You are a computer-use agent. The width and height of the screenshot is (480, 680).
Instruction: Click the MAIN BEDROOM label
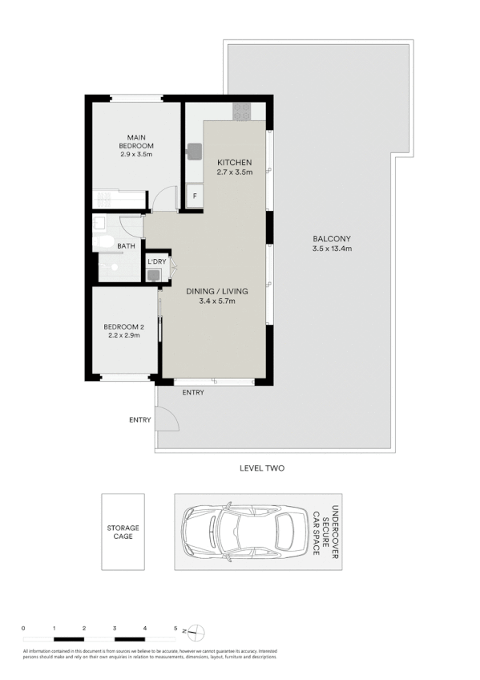point(135,141)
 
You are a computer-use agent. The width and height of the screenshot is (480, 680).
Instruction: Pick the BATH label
point(126,246)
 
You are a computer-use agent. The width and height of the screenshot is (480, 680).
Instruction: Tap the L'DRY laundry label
point(156,261)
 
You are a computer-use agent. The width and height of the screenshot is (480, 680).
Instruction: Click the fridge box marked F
point(193,195)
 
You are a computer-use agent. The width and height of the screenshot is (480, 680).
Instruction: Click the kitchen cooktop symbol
point(242,113)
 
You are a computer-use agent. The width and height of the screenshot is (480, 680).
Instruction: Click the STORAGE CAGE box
point(123,532)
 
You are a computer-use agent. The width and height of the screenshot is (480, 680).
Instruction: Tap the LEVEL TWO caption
point(262,468)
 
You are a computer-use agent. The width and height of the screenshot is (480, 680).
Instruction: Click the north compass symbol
point(197,630)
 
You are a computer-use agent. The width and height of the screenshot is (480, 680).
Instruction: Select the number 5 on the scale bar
point(175,628)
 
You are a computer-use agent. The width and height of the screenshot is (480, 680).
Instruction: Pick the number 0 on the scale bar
point(23,628)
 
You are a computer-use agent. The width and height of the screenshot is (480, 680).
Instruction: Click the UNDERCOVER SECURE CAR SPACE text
point(325,532)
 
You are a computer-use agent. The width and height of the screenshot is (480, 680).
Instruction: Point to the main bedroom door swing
point(166,199)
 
